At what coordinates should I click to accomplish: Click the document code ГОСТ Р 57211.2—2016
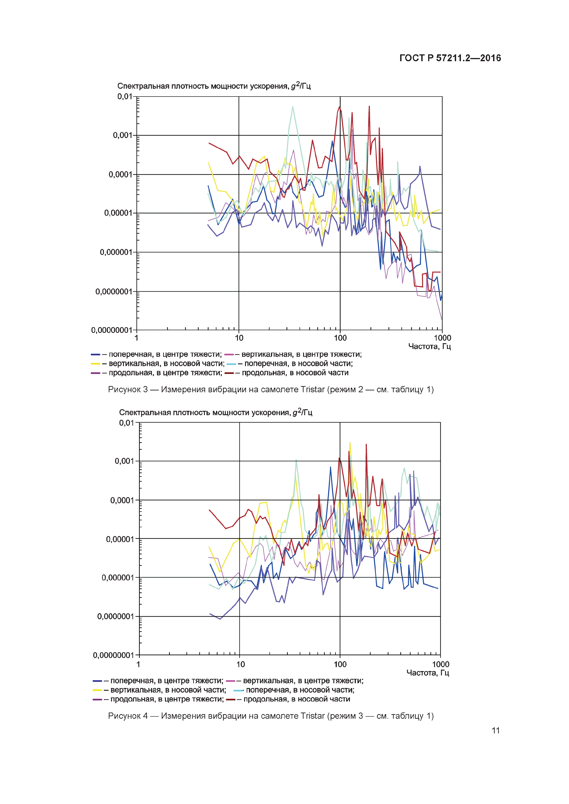click(x=450, y=58)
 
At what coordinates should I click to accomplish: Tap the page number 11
click(x=495, y=730)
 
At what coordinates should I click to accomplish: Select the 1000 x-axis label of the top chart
click(x=442, y=338)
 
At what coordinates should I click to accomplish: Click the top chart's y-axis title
click(x=214, y=86)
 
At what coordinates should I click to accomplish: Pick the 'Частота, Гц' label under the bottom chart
click(x=427, y=672)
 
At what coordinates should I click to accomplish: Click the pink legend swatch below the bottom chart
click(x=230, y=681)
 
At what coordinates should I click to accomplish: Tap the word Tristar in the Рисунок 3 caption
click(x=312, y=390)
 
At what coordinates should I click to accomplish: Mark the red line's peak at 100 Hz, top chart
click(x=339, y=107)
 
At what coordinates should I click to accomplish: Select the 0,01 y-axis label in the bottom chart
click(x=126, y=423)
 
